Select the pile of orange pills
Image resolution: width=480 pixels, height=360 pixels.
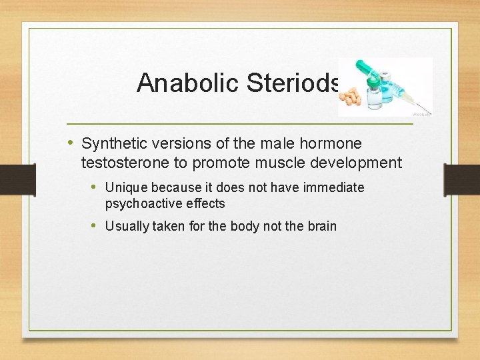point(351,97)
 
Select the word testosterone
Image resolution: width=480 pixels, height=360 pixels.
point(124,163)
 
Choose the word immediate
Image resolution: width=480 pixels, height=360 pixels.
point(333,188)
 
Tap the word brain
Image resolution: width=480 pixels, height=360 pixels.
point(322,226)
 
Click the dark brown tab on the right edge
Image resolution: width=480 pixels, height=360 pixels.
point(462,179)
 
